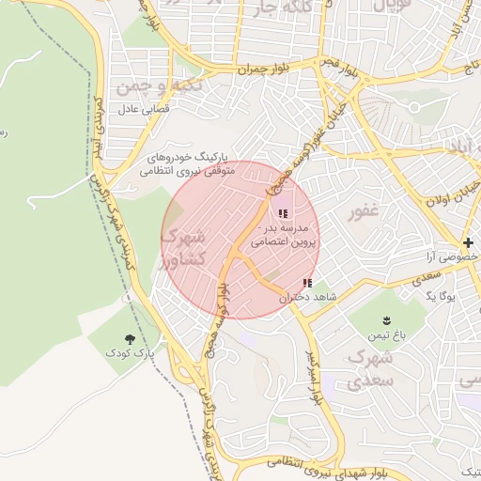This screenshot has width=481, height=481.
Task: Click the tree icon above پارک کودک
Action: [129, 337]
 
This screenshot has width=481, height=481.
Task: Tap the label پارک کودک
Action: [129, 353]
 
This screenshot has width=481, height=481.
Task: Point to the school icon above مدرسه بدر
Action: [284, 214]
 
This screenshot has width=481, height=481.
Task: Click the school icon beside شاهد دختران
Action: [307, 283]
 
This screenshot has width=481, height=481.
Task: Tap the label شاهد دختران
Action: [291, 297]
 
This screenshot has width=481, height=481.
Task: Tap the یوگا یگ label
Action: [438, 296]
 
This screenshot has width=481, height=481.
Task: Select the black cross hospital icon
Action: [467, 243]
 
